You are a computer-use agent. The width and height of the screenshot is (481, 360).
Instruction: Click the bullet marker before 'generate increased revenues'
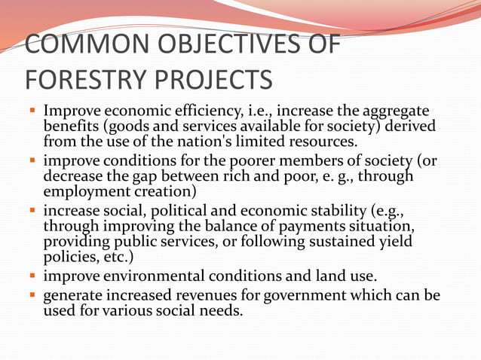[32, 296]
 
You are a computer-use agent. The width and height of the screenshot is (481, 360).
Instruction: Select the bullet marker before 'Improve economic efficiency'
[32, 111]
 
